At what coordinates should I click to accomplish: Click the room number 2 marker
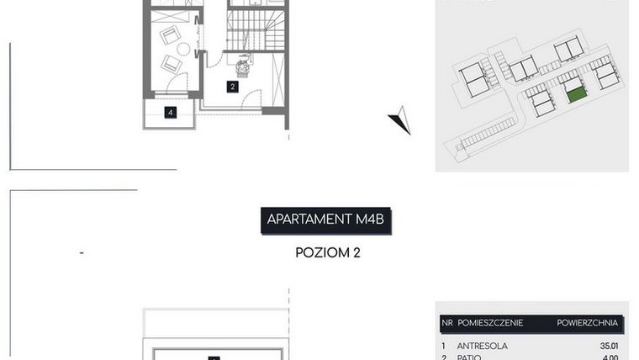pos(232,86)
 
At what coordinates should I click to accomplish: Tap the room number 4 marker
pos(171,112)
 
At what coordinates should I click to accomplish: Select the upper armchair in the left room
pos(171,35)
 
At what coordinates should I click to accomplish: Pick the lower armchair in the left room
pos(171,63)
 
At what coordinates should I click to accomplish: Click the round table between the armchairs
pos(183,49)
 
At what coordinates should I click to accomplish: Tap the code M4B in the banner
pos(371,220)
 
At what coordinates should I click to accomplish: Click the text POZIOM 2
pos(328,251)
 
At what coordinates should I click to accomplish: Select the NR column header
pos(446,322)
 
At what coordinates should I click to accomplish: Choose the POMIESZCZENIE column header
pos(490,322)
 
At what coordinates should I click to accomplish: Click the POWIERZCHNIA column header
pos(587,322)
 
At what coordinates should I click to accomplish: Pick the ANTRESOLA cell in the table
pos(482,345)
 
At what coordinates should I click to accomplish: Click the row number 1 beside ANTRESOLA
pos(443,345)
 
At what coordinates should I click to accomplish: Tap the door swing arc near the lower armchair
pos(178,82)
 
